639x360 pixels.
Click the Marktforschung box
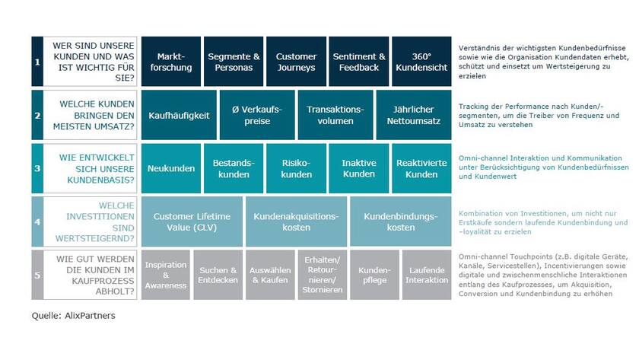[171, 62]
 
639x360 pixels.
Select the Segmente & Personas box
[234, 62]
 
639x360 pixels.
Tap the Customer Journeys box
[296, 62]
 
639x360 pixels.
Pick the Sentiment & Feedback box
[359, 62]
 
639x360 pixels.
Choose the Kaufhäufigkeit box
[179, 115]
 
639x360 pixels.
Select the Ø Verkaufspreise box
[256, 115]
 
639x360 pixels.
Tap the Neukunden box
[171, 168]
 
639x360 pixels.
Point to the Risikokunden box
[296, 168]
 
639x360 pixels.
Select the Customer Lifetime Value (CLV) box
[192, 221]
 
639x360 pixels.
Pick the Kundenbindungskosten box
[400, 221]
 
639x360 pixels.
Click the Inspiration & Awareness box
[166, 275]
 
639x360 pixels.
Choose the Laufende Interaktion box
[426, 275]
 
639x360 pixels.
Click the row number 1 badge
[37, 62]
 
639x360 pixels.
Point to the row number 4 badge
[37, 221]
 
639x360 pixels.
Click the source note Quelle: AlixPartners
[73, 315]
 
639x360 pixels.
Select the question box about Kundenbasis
[91, 168]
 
